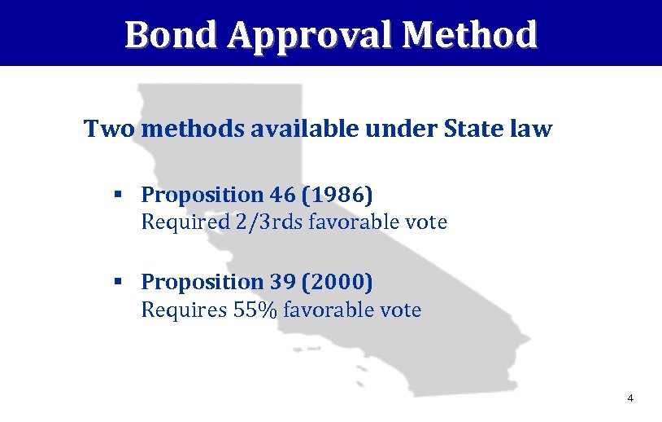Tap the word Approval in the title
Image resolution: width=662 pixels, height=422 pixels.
[313, 35]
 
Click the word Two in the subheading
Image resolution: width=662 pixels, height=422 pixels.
[107, 129]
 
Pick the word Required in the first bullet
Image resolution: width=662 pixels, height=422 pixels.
[175, 222]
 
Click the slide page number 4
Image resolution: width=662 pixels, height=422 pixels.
[629, 398]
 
